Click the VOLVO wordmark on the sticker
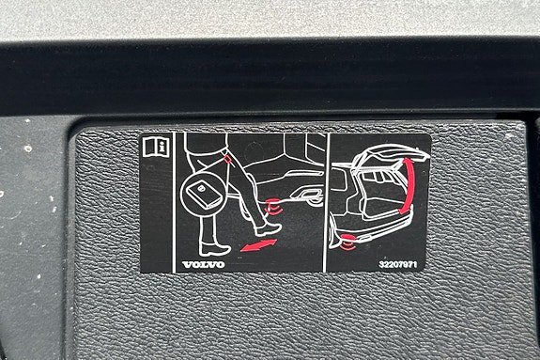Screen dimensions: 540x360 (x=204, y=264)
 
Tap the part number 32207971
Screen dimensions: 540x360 (x=398, y=264)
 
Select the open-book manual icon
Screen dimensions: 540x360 (x=155, y=147)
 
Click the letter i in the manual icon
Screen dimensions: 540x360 (x=162, y=147)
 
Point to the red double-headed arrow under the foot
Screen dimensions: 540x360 (x=258, y=245)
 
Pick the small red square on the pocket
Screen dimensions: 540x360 (x=227, y=158)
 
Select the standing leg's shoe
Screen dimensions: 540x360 (x=214, y=249)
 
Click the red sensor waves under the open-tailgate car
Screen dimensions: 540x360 (x=348, y=242)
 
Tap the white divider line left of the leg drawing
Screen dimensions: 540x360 (x=173, y=202)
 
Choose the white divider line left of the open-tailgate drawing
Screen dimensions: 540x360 (x=326, y=202)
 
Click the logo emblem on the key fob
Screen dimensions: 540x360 (x=201, y=189)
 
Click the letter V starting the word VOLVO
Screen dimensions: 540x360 (x=187, y=264)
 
